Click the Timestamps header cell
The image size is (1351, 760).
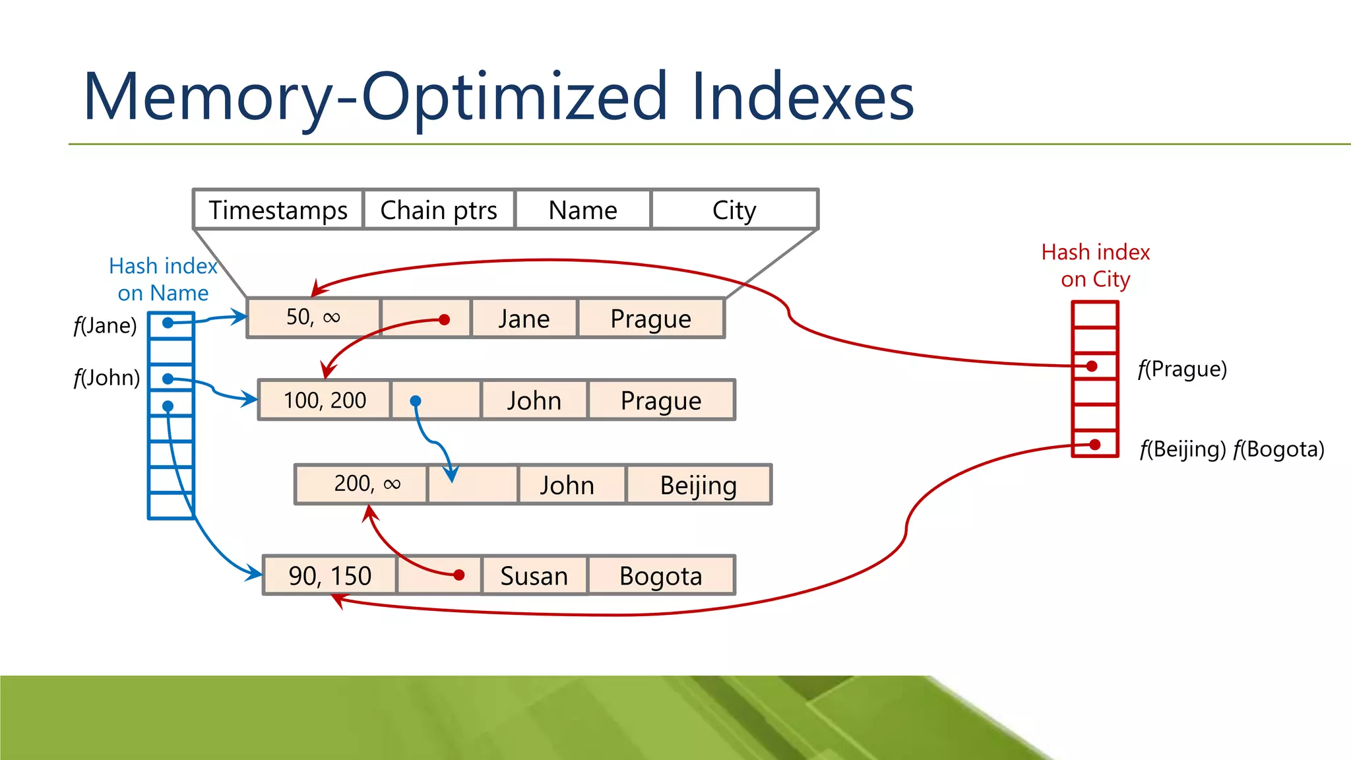[278, 210]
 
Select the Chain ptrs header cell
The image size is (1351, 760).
[439, 210]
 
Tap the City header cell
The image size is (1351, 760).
[734, 210]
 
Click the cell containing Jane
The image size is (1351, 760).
[524, 319]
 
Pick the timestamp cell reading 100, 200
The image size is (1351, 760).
[325, 400]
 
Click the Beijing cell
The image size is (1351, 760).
[698, 485]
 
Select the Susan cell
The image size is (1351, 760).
[534, 576]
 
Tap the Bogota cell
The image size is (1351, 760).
[660, 576]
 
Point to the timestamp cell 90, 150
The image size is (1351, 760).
[330, 576]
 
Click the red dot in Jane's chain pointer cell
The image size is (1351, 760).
[445, 320]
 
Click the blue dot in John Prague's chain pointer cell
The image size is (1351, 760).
[416, 400]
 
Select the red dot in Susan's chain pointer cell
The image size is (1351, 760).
[459, 575]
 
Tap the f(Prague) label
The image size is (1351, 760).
[1182, 369]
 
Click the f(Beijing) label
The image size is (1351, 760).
[1183, 449]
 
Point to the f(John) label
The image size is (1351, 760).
[106, 378]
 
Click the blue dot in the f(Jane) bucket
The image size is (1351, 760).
[168, 323]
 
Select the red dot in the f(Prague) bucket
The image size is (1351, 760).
[1092, 366]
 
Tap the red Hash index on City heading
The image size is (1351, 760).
[1095, 265]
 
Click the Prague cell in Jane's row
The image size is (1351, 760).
[650, 319]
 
